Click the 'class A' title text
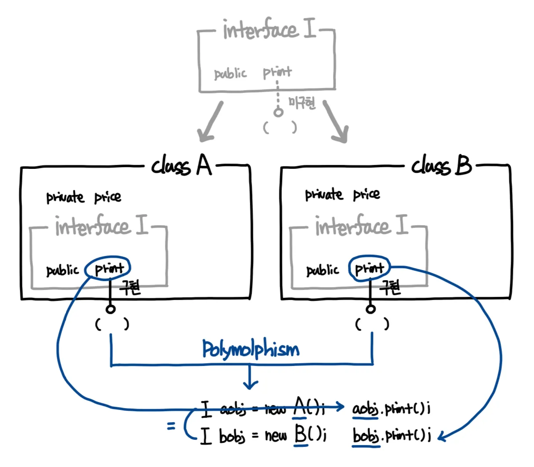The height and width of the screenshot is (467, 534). tap(181, 167)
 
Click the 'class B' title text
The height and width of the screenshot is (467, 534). tap(441, 167)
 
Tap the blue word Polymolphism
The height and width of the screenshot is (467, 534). tap(250, 350)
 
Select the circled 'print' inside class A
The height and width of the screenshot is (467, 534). tap(108, 268)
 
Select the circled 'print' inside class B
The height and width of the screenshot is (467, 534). tap(369, 268)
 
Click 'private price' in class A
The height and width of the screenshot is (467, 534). tap(84, 197)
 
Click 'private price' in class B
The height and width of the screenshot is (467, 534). tap(343, 194)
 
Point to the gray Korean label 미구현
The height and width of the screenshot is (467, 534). tap(302, 103)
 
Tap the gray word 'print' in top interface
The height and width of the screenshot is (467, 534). tap(277, 72)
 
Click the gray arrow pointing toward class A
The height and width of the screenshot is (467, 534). tap(210, 123)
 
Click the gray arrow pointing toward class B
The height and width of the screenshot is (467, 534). tap(336, 123)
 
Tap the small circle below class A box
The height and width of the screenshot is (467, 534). tap(110, 310)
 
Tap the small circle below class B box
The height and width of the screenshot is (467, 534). tap(371, 309)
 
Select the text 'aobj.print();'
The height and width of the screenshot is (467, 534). tap(391, 409)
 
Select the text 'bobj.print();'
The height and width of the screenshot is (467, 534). tap(391, 436)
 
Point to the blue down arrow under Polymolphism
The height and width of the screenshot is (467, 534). tap(250, 379)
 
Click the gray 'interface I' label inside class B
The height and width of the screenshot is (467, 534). tap(361, 226)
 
